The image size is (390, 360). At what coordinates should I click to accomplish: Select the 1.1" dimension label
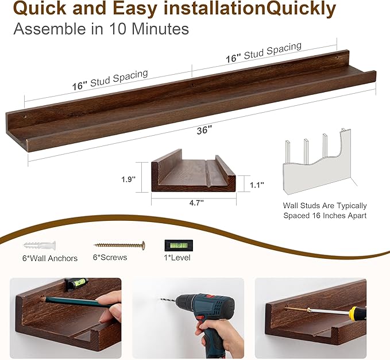point(257,185)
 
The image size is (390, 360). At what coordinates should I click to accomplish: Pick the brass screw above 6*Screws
point(119,245)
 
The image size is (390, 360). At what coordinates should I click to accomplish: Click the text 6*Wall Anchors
point(49,258)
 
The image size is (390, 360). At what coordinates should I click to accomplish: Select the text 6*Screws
point(110,257)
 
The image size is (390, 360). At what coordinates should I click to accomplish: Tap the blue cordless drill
point(200,311)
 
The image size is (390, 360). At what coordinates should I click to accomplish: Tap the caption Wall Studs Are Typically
point(325,205)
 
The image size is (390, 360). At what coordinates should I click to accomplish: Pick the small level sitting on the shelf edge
point(76,284)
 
